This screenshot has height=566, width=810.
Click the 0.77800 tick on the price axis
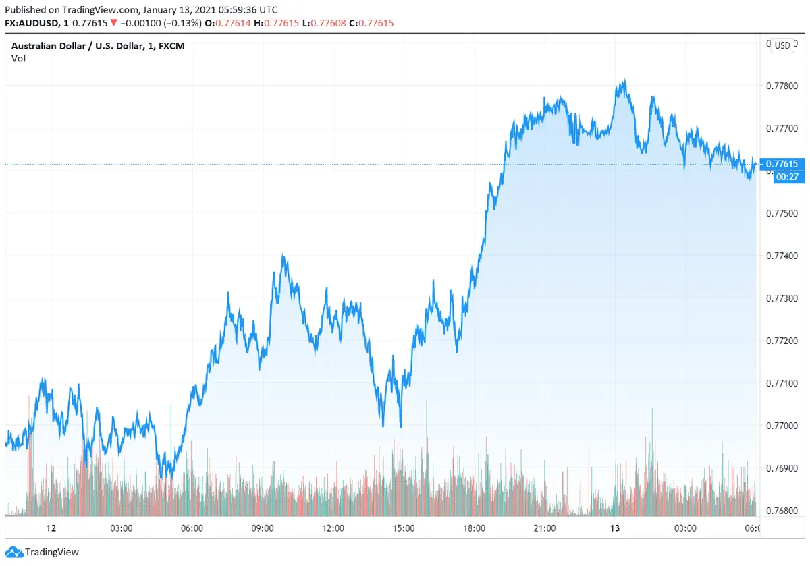[782, 86]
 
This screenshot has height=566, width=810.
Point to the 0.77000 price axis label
[782, 426]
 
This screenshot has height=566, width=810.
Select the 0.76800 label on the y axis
[782, 511]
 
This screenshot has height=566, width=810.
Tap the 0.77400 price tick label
[782, 256]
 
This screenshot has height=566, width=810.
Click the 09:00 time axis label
[263, 528]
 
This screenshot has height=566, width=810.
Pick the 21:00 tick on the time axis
[545, 528]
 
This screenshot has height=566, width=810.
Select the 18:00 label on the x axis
[474, 528]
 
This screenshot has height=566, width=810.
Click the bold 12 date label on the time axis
[50, 528]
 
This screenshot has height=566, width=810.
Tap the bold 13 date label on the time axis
[615, 528]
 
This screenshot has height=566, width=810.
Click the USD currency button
[782, 46]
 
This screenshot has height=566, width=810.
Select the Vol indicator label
[18, 59]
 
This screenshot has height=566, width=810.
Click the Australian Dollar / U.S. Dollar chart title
[98, 46]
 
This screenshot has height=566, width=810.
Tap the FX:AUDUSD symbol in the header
[32, 23]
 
